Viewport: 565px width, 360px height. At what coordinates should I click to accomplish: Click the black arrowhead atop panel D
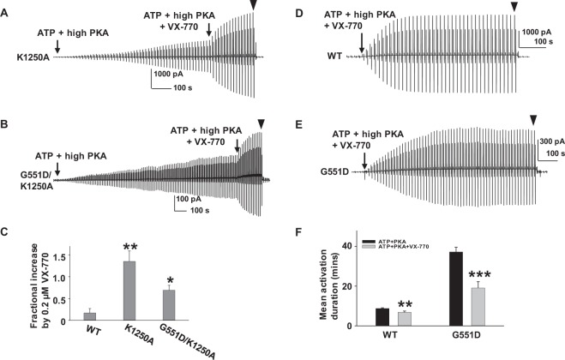(514, 8)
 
